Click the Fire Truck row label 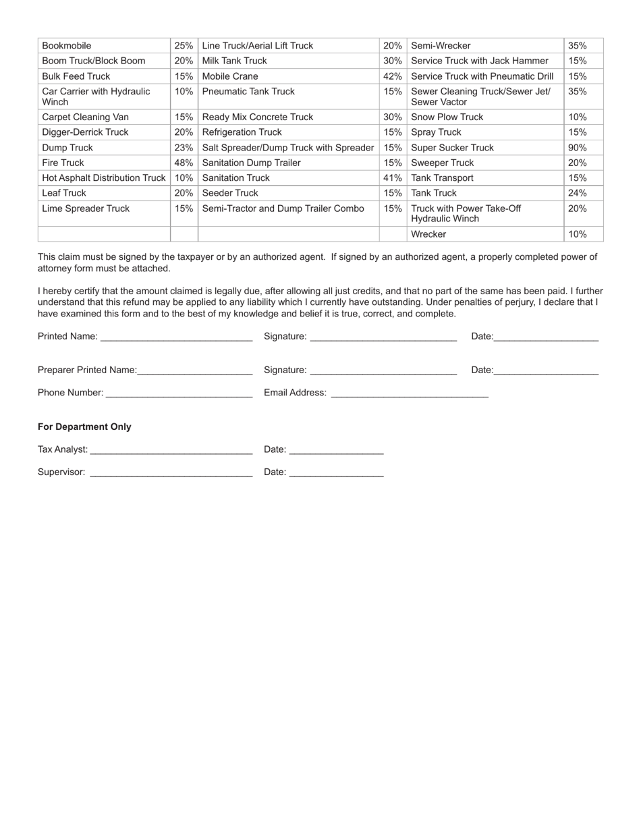pyautogui.click(x=63, y=163)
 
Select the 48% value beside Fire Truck pyautogui.click(x=184, y=163)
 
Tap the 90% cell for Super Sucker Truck pyautogui.click(x=577, y=148)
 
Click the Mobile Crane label pyautogui.click(x=230, y=76)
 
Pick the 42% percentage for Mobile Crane pyautogui.click(x=393, y=76)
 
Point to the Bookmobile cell pyautogui.click(x=67, y=46)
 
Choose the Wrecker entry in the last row pyautogui.click(x=428, y=234)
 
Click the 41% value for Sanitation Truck pyautogui.click(x=393, y=178)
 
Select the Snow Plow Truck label pyautogui.click(x=447, y=117)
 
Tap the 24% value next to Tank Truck pyautogui.click(x=577, y=193)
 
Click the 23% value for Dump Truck pyautogui.click(x=184, y=148)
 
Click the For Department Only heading pyautogui.click(x=84, y=427)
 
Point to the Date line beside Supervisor pyautogui.click(x=336, y=473)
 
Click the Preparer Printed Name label pyautogui.click(x=87, y=370)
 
